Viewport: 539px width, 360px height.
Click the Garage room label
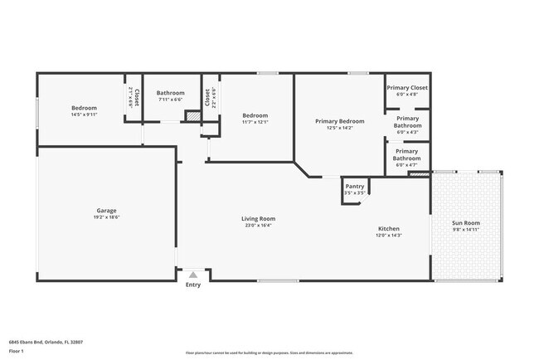[106, 211]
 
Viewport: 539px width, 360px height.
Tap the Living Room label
[259, 219]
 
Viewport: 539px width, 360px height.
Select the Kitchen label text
[388, 229]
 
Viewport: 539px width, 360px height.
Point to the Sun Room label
[465, 222]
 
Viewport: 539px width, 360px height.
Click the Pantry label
[355, 187]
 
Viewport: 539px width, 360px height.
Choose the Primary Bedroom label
[340, 121]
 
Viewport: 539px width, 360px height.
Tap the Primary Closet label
[407, 87]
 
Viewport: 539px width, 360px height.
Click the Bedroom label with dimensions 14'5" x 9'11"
[84, 108]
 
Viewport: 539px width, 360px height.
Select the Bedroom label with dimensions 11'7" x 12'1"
[255, 115]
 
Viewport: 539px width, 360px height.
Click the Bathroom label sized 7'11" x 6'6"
[170, 93]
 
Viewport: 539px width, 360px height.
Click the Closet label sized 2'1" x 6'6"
[134, 99]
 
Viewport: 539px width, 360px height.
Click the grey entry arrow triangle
[193, 275]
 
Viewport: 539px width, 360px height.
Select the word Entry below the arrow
[193, 285]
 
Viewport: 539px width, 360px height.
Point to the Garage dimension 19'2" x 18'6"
[106, 217]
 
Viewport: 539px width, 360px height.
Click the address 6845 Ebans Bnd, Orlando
[46, 341]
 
